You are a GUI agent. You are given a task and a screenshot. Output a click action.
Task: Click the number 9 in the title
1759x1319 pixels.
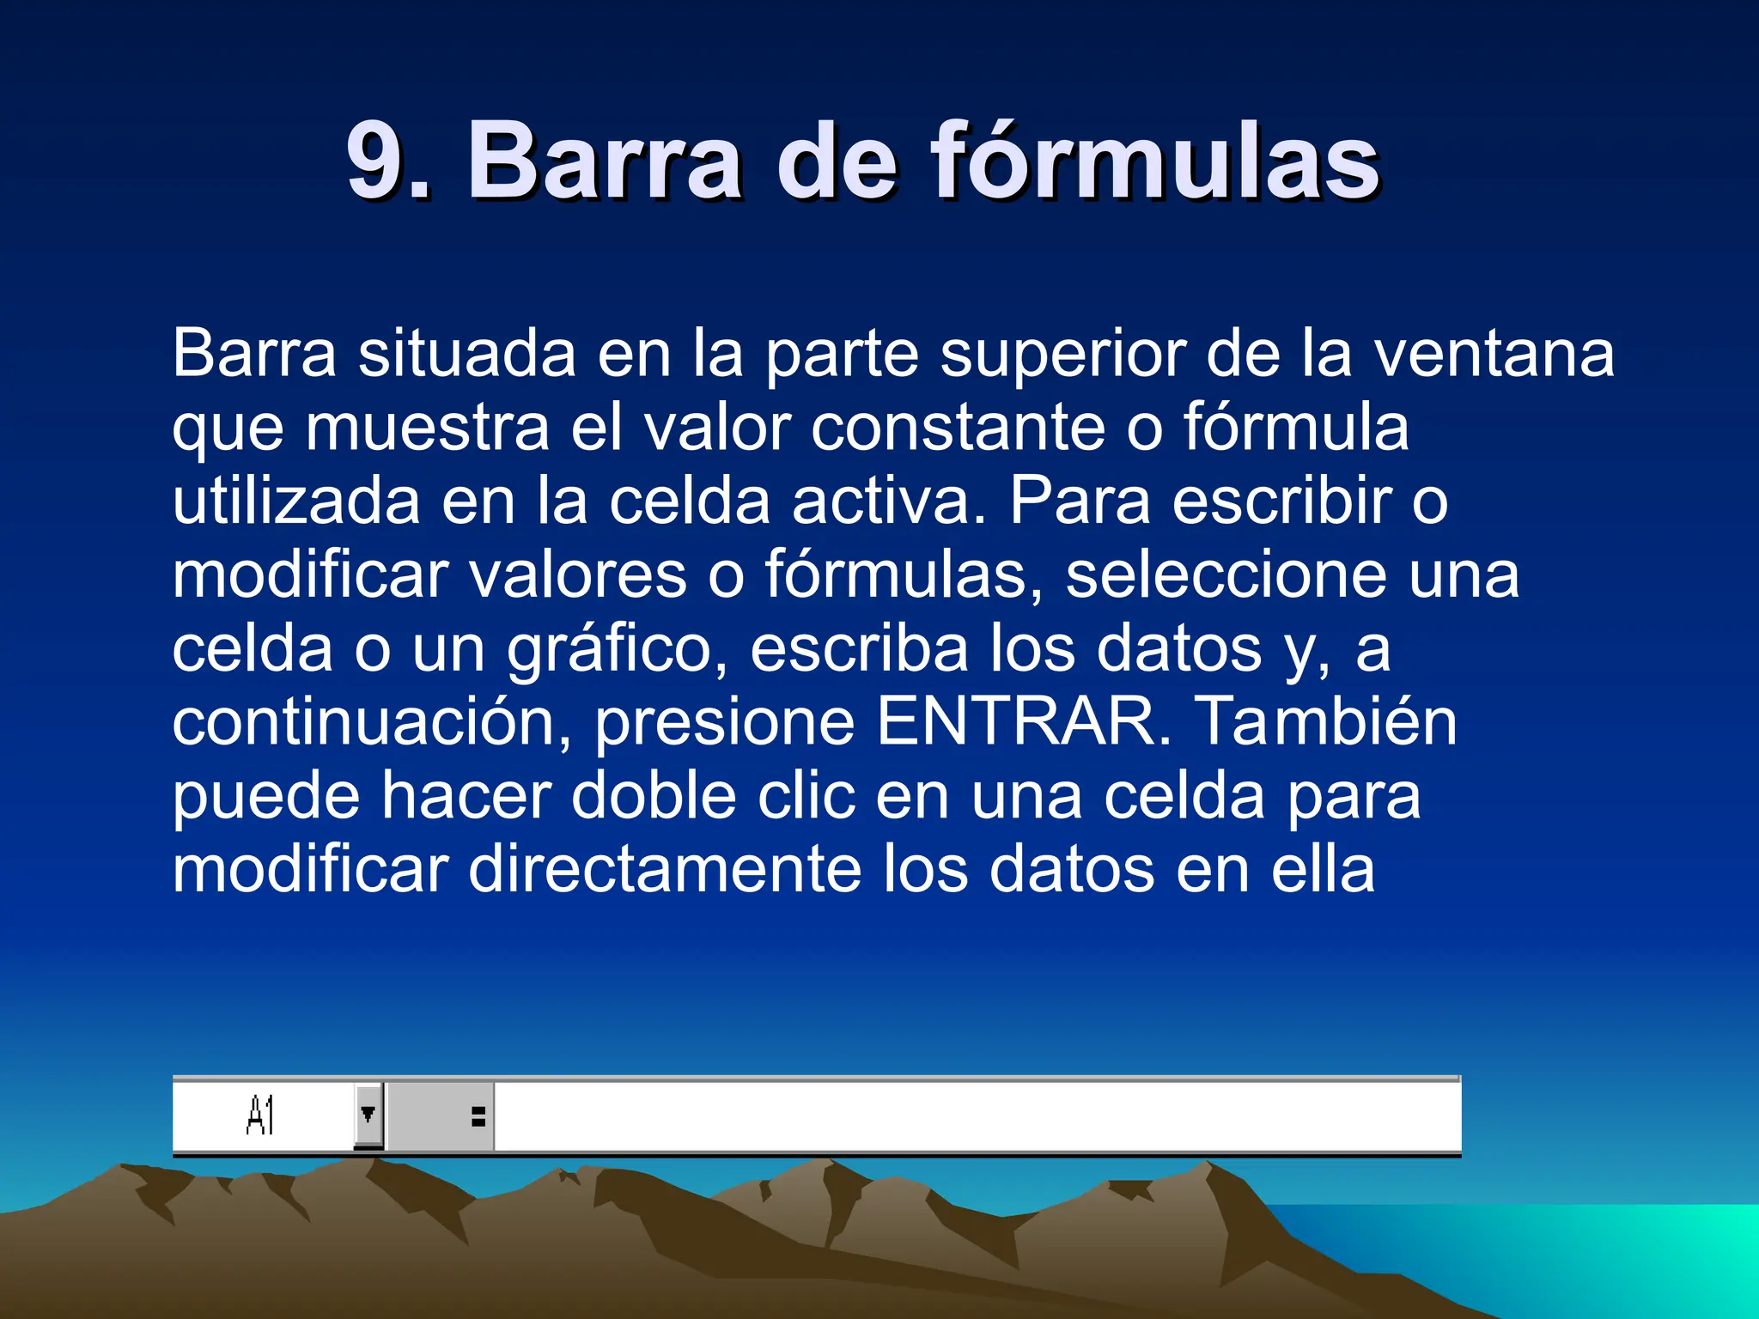tap(378, 161)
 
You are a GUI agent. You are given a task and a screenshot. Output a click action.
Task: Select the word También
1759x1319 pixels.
tap(1327, 722)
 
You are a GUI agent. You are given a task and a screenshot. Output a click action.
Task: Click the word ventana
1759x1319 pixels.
tap(1495, 354)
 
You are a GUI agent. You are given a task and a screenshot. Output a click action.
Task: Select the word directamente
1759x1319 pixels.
tap(666, 870)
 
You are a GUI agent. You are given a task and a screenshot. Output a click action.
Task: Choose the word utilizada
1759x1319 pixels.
tap(296, 501)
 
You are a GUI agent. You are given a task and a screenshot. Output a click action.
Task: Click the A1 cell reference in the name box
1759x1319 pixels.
tap(260, 1116)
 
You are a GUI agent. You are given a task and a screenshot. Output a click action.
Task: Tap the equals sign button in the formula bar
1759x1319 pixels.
tap(478, 1116)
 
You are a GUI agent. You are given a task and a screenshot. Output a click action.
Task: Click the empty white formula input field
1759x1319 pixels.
tap(976, 1116)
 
